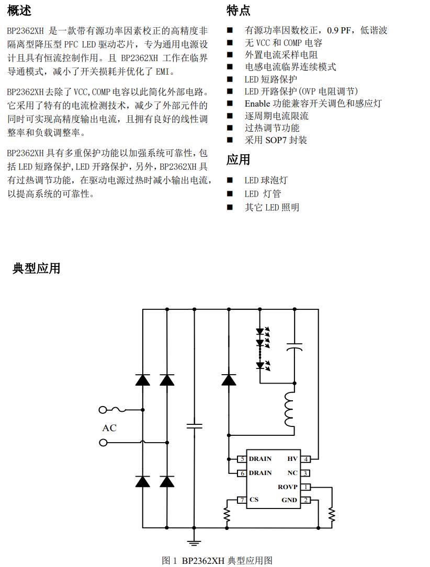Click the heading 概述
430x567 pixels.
tap(19, 10)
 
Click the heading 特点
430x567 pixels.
tap(238, 10)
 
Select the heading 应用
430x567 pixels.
tap(238, 160)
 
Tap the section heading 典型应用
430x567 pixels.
tap(36, 269)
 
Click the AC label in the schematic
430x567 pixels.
tap(109, 428)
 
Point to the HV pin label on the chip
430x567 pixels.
tap(292, 459)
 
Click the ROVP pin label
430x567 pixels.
tap(288, 487)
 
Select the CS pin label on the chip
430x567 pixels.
tap(254, 500)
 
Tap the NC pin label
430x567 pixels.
tap(292, 473)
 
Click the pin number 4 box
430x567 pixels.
tap(306, 459)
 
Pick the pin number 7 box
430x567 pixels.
tap(242, 500)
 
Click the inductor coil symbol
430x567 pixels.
tap(290, 410)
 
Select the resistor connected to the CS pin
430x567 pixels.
tap(228, 515)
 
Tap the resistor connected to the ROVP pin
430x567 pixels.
tap(332, 514)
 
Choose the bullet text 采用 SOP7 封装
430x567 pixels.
tap(276, 140)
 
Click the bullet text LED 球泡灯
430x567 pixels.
tap(266, 180)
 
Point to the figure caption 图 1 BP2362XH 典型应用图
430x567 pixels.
tap(217, 561)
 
